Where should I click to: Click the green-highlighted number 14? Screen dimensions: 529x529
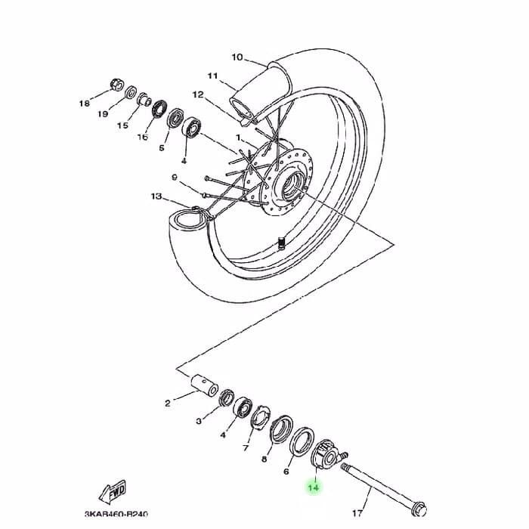pos(314,487)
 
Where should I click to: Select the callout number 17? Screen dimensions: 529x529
pos(357,513)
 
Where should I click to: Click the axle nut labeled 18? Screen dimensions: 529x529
pos(116,85)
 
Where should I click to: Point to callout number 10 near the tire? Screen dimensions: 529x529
pos(237,57)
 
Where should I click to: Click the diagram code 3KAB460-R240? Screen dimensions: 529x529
pos(116,514)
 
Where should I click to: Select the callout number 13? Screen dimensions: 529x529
pos(156,196)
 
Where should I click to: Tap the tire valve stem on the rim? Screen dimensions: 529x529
pos(280,243)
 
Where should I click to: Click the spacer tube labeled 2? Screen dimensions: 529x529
pos(205,385)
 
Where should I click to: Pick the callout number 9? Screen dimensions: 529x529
pos(175,177)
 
